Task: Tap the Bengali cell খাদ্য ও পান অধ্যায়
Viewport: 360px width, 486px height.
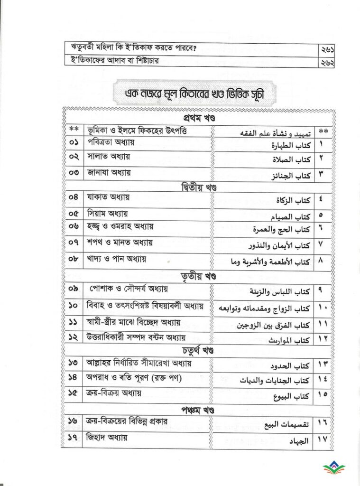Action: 116,260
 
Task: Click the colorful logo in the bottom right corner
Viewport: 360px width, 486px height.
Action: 339,470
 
